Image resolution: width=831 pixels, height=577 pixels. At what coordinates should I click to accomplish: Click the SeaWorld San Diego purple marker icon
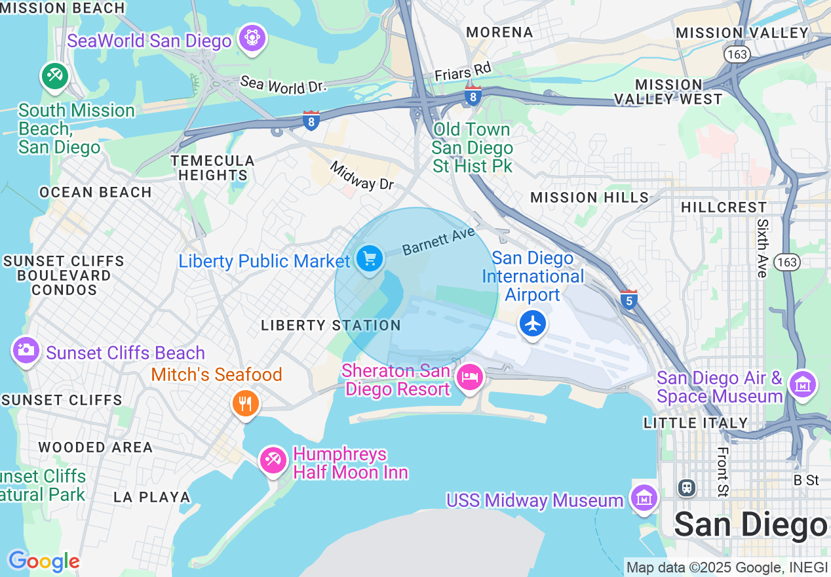252,38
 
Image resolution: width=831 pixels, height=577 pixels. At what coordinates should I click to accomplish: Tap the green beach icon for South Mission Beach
55,76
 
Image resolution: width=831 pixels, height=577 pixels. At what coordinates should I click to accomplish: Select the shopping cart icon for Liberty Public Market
370,259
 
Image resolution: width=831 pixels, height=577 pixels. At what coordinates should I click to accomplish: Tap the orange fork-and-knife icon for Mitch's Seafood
246,402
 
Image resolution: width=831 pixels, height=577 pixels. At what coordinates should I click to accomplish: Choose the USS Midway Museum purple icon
644,498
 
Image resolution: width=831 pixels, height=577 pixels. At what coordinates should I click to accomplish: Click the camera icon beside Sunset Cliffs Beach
26,350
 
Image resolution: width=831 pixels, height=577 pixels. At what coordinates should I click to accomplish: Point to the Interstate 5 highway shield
628,299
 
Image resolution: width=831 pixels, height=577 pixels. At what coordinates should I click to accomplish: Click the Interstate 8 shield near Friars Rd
473,96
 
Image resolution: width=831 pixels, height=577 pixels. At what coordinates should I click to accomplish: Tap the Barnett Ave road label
438,241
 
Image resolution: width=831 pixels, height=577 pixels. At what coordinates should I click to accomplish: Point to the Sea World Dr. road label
282,85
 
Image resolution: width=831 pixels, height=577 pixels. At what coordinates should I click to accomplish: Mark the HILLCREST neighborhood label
724,207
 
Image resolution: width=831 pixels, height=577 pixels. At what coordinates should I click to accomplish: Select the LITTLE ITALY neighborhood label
695,423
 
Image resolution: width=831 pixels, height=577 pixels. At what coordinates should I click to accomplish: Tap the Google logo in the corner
44,561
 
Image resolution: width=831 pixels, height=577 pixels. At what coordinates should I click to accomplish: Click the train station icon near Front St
686,488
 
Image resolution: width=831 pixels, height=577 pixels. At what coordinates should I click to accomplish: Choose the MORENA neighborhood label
499,32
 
